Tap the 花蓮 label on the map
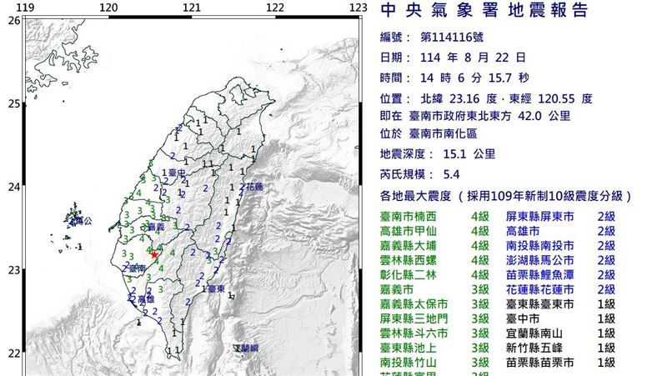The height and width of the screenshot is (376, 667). click(x=253, y=187)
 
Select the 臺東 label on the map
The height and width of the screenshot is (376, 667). click(x=216, y=288)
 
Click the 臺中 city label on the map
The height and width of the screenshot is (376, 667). click(x=176, y=173)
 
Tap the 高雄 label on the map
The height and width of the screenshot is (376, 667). click(x=145, y=298)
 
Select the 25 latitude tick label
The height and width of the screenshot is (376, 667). click(x=14, y=104)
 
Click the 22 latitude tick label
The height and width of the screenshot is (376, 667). click(x=14, y=353)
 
